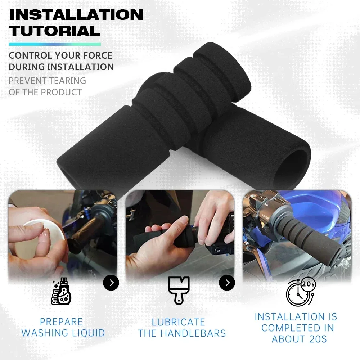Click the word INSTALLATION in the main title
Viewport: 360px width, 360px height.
click(x=76, y=15)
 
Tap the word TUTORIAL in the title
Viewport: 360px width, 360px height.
click(x=54, y=31)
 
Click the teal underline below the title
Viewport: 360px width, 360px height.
click(x=54, y=44)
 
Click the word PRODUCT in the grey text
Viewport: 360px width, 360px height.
click(x=61, y=92)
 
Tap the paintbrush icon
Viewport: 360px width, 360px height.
click(x=179, y=289)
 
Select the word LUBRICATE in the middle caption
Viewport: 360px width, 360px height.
click(x=178, y=322)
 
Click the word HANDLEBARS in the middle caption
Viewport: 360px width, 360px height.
click(x=193, y=333)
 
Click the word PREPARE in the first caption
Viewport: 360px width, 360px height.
click(x=61, y=322)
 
